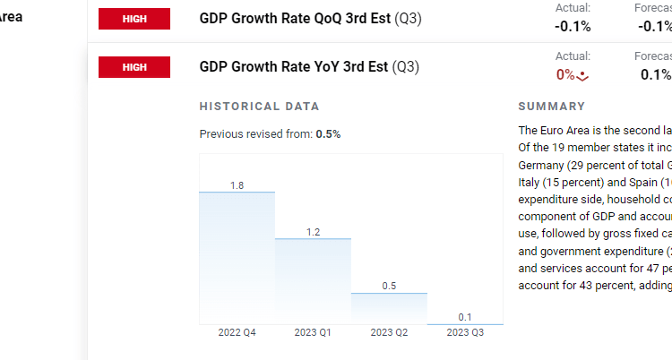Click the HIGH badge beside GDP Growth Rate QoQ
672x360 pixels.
click(x=134, y=18)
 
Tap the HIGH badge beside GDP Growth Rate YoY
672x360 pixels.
click(x=134, y=67)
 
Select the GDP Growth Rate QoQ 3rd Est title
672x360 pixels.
click(x=310, y=18)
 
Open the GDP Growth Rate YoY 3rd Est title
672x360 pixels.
click(x=309, y=67)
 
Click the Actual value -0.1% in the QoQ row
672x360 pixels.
click(x=573, y=26)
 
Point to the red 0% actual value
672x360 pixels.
click(x=565, y=75)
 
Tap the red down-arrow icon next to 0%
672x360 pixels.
click(x=583, y=76)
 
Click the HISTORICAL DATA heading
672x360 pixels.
click(x=259, y=107)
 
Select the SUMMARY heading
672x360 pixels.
click(x=551, y=107)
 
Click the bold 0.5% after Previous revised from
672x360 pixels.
click(x=328, y=134)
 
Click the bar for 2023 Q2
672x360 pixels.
click(x=389, y=308)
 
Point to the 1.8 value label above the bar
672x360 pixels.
click(x=237, y=185)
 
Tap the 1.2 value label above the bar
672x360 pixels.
click(x=313, y=232)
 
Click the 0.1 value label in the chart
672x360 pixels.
click(x=465, y=317)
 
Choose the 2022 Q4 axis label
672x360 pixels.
click(x=237, y=333)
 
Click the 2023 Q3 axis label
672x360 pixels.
click(x=465, y=333)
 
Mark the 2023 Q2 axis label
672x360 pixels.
click(x=389, y=333)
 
